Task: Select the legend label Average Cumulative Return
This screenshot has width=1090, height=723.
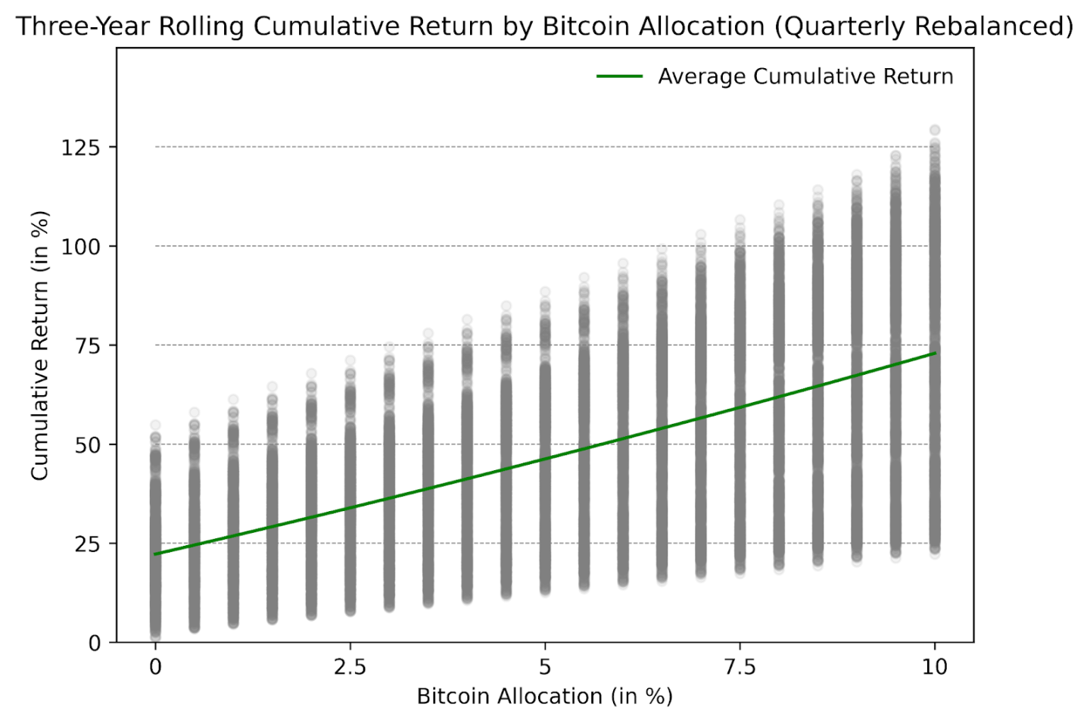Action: [805, 76]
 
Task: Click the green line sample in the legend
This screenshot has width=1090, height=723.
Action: [619, 76]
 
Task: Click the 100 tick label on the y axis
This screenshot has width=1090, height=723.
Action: [80, 246]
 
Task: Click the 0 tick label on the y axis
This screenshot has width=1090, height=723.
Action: [94, 643]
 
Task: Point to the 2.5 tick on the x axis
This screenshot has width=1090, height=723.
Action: [350, 667]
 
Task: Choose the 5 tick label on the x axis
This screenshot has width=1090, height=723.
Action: [545, 667]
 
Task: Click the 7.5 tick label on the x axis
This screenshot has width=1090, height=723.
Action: [740, 667]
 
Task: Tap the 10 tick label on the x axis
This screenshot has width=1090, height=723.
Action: [935, 667]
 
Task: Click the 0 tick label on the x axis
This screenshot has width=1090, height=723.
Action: [155, 667]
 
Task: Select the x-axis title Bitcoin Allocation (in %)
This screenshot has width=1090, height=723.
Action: [544, 697]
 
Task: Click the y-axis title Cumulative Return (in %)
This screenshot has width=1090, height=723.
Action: [39, 345]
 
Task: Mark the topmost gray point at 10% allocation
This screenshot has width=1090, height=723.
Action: [935, 130]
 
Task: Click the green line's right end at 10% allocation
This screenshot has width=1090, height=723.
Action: [935, 354]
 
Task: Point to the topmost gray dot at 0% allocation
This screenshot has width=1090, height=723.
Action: [155, 425]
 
